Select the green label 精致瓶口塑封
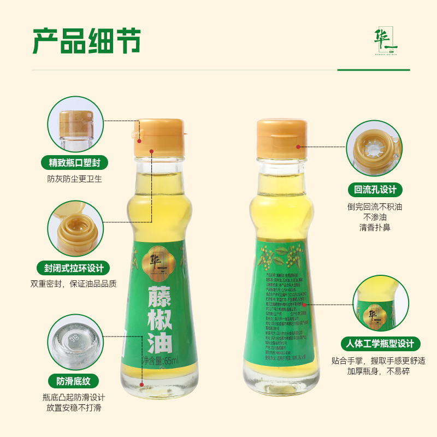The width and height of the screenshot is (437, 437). point(75,162)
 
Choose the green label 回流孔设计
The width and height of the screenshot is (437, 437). point(375,190)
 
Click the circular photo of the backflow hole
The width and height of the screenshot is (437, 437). point(375,149)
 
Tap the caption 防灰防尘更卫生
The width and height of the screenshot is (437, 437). point(75,179)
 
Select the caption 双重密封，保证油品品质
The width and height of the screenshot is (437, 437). point(74,284)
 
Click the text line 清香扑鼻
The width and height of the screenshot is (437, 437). point(375,227)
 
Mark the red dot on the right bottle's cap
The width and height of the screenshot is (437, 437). point(298,146)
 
